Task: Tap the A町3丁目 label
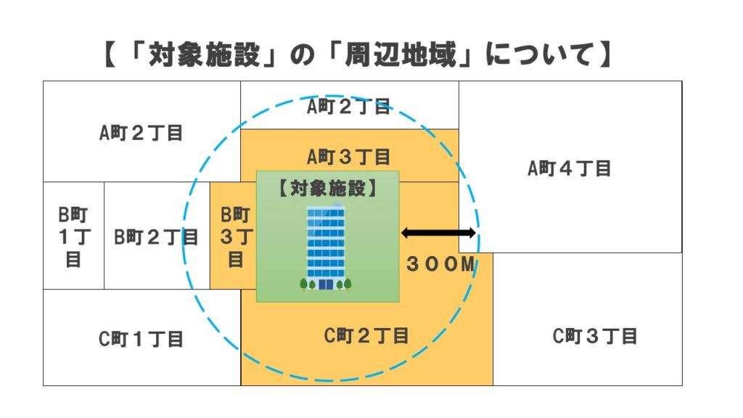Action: pyautogui.click(x=349, y=156)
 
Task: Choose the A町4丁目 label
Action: pyautogui.click(x=569, y=169)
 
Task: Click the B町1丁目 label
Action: pyautogui.click(x=73, y=237)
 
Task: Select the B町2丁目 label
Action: pyautogui.click(x=156, y=237)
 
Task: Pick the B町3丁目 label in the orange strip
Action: pyautogui.click(x=234, y=237)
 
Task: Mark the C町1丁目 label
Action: pyautogui.click(x=141, y=338)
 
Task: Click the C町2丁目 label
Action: pyautogui.click(x=366, y=335)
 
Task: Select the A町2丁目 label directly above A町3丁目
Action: pyautogui.click(x=349, y=107)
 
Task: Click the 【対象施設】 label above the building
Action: pyautogui.click(x=327, y=188)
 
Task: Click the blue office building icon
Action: pyautogui.click(x=326, y=247)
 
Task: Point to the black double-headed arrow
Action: pyautogui.click(x=438, y=233)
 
